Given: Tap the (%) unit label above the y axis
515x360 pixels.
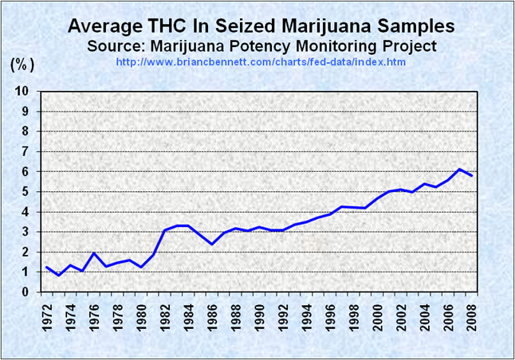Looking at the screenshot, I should point(22,64).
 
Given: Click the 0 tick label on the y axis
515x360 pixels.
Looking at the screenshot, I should point(26,292).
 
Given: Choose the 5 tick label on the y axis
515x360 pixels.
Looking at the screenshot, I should point(26,192).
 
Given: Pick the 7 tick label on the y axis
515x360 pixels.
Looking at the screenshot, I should point(26,151).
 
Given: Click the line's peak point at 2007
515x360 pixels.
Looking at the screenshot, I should point(461,169).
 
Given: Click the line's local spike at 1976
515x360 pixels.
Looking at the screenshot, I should point(94,253).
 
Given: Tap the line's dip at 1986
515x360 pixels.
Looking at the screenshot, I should point(212,244).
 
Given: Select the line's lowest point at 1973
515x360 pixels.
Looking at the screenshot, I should point(58,276).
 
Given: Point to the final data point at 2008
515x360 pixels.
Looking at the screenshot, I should point(473,175).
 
